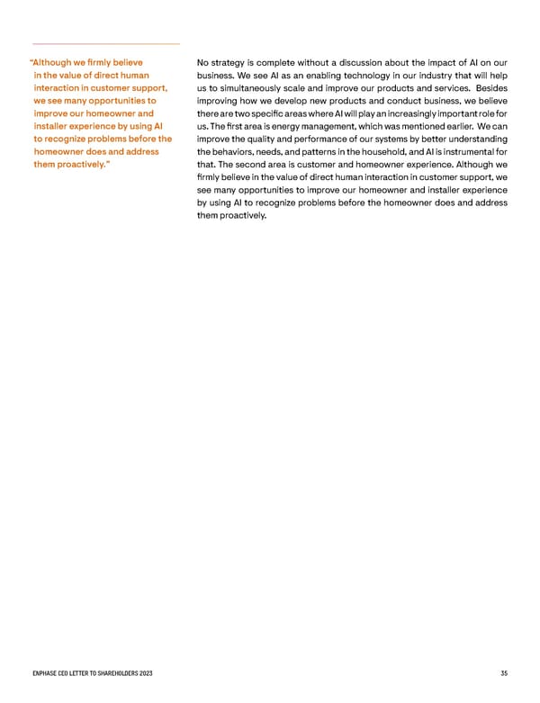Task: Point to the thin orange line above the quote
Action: [x=105, y=44]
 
